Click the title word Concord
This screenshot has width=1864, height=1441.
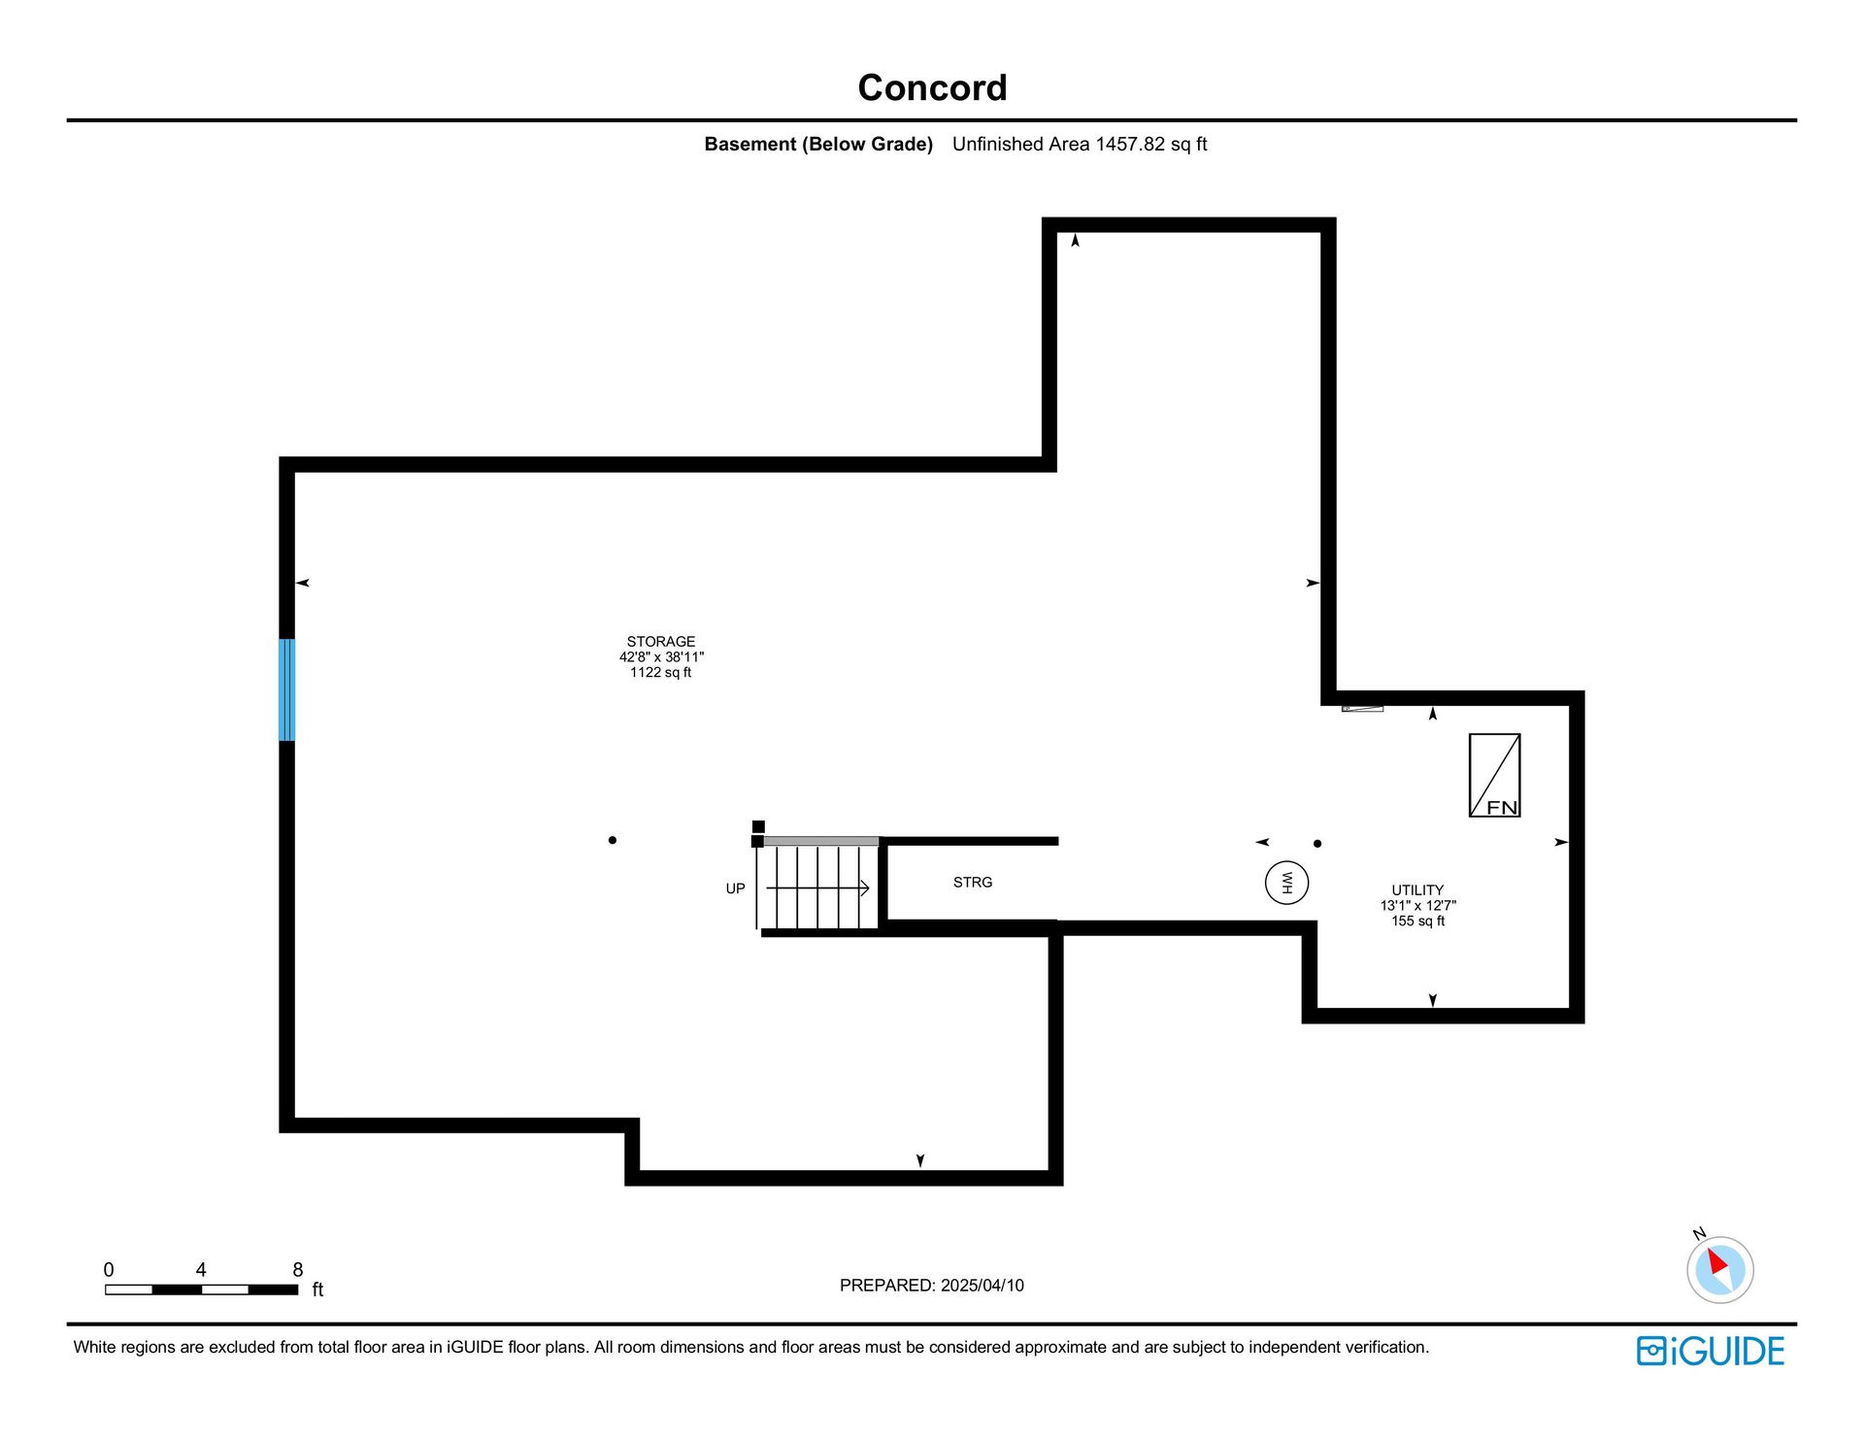(x=932, y=88)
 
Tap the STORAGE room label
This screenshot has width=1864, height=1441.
(x=661, y=642)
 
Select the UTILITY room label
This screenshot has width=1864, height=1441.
(x=1417, y=890)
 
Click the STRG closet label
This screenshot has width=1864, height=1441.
(x=973, y=883)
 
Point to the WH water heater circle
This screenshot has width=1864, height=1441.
(x=1287, y=884)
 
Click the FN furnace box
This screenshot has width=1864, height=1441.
(x=1495, y=775)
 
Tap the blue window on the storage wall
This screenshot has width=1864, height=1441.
(x=287, y=690)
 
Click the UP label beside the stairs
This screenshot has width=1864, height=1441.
(x=736, y=888)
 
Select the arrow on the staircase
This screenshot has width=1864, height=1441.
(x=817, y=888)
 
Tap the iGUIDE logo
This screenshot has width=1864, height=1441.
(x=1711, y=1351)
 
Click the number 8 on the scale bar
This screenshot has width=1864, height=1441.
(x=298, y=1270)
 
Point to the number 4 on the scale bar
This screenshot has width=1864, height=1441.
(x=201, y=1270)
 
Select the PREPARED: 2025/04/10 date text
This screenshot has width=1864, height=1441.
(x=932, y=1286)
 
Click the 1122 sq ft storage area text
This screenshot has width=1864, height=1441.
(x=661, y=673)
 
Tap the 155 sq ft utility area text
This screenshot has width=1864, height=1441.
(x=1418, y=922)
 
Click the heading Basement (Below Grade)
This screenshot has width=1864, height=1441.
(x=818, y=145)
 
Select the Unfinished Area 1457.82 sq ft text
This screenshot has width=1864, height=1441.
(x=1080, y=145)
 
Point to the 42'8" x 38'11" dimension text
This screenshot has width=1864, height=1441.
(x=661, y=657)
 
